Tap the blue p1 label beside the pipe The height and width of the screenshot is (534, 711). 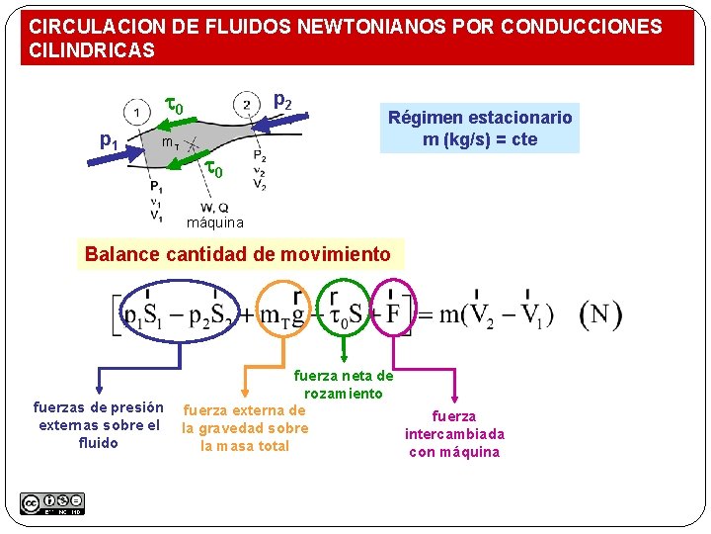[110, 141]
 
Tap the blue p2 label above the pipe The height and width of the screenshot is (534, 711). [282, 100]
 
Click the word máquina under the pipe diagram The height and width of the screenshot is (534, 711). [215, 222]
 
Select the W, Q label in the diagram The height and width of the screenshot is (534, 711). [214, 208]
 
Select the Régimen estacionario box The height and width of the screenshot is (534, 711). [480, 129]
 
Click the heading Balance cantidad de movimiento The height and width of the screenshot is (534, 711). [238, 254]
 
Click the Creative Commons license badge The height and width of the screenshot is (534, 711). [52, 502]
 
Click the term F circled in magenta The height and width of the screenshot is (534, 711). [393, 314]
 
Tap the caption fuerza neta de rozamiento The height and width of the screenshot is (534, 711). [343, 385]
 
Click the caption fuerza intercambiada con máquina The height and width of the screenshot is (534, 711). [454, 434]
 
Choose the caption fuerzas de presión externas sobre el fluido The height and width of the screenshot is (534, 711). [99, 425]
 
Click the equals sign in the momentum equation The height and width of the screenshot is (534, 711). [427, 315]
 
